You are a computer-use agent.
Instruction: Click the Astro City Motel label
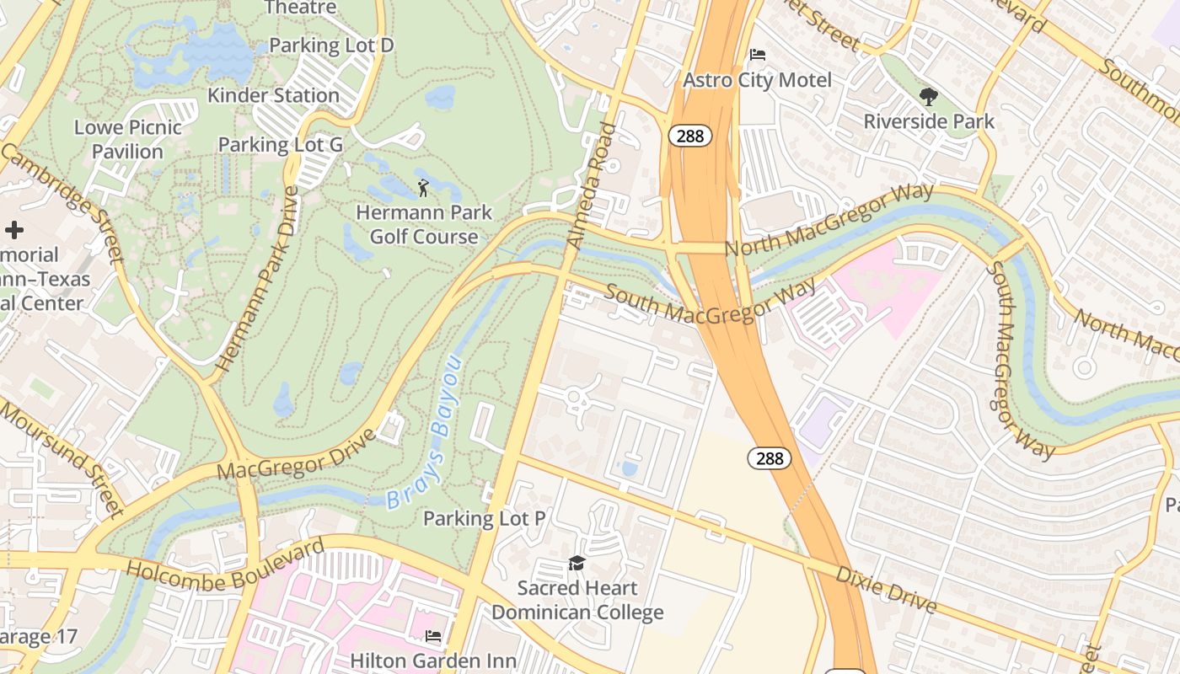[757, 80]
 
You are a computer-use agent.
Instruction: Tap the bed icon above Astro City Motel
[758, 56]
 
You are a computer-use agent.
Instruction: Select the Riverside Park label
[929, 121]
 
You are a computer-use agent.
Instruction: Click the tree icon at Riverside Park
[929, 97]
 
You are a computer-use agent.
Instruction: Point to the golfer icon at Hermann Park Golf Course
[423, 187]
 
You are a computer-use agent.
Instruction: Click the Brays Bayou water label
[425, 434]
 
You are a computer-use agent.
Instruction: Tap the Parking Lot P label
[484, 518]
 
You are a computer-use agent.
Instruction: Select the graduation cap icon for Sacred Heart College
[577, 563]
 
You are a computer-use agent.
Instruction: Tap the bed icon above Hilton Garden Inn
[432, 636]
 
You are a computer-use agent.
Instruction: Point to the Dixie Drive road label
[885, 589]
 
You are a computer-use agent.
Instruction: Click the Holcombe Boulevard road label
[225, 565]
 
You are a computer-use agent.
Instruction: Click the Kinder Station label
[273, 95]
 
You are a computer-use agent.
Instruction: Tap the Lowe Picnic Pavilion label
[128, 139]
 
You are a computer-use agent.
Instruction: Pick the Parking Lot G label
[281, 145]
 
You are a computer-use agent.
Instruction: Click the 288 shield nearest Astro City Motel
[689, 136]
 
